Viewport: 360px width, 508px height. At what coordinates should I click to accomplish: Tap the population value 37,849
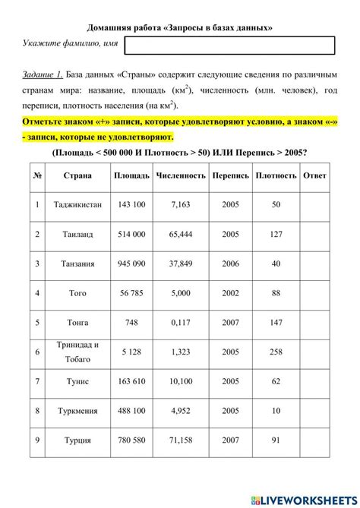pos(181,263)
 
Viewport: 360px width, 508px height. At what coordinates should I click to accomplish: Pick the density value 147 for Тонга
pos(276,322)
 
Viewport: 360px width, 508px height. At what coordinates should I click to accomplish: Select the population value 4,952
pos(181,411)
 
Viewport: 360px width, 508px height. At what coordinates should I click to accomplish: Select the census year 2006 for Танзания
pos(230,263)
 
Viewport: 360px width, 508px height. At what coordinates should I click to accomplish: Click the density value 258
pos(276,352)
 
